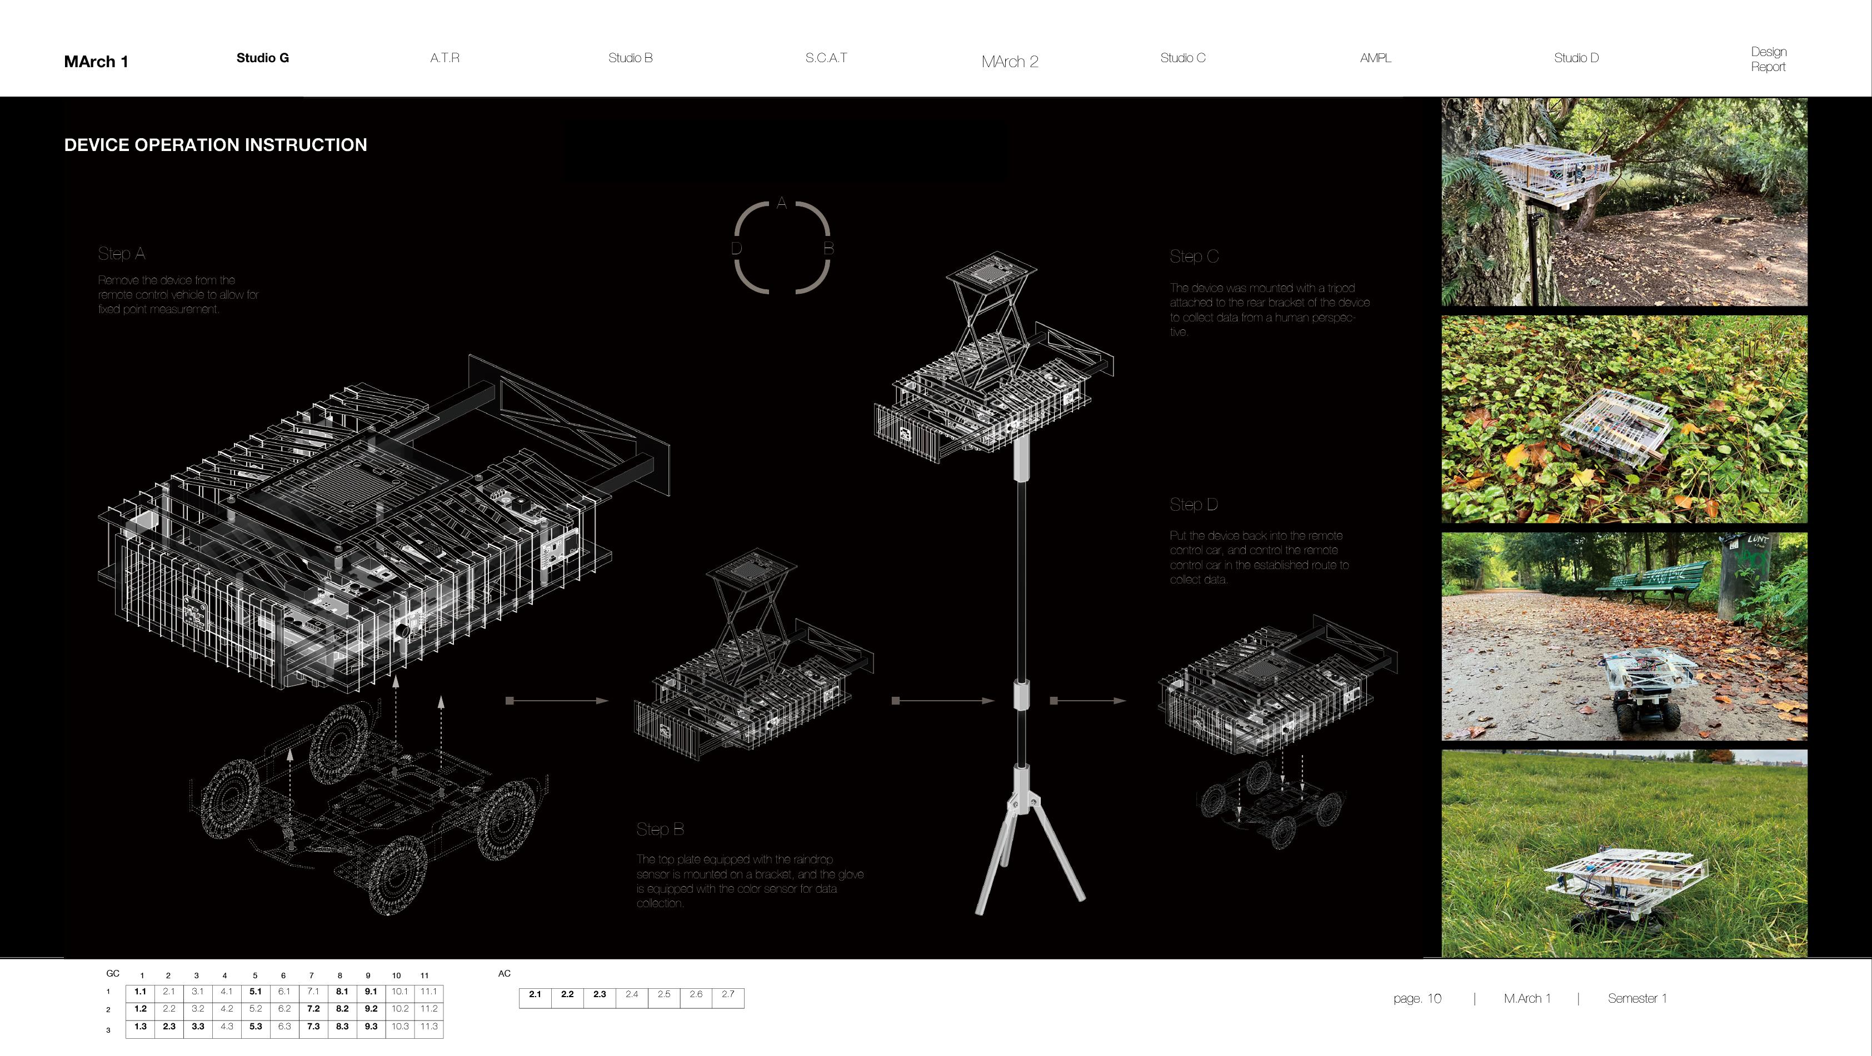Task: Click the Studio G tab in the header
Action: (262, 58)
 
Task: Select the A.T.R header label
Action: (445, 58)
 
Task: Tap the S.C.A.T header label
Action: (826, 58)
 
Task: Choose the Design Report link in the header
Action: (1768, 59)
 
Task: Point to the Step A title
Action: (121, 254)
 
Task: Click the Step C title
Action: (1194, 257)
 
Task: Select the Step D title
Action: (1193, 505)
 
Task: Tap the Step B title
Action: (660, 829)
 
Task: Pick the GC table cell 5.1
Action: (255, 992)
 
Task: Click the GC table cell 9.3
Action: (371, 1026)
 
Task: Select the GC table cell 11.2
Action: (429, 1009)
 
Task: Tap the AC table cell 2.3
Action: (600, 994)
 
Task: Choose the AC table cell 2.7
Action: (728, 994)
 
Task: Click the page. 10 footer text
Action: (1417, 999)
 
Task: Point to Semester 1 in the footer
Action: (1638, 999)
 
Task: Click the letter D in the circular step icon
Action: (736, 248)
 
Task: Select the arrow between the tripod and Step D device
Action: (1087, 701)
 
